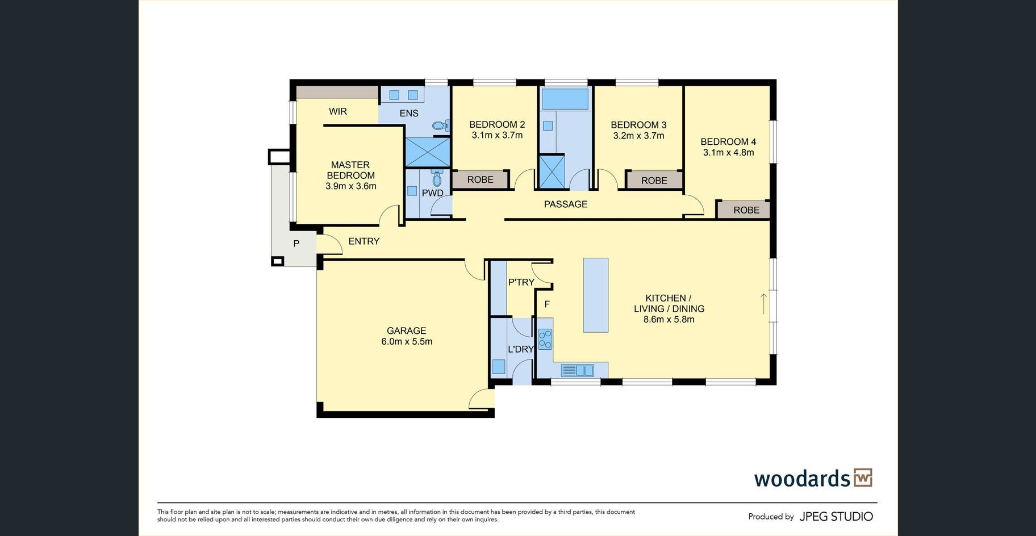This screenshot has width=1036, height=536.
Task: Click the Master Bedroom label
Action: [x=351, y=170]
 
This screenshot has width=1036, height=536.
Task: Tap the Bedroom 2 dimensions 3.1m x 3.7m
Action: [x=497, y=136]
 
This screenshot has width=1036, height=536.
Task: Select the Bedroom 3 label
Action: [x=638, y=125]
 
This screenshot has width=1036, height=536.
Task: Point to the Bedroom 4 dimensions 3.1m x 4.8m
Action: [x=729, y=153]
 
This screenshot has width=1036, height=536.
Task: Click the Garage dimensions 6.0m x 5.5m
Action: [x=407, y=342]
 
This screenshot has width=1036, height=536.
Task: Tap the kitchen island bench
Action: [x=596, y=295]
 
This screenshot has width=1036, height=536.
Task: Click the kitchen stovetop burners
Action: [x=545, y=339]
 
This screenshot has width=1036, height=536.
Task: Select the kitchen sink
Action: [x=577, y=371]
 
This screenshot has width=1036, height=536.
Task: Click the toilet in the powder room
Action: [x=436, y=178]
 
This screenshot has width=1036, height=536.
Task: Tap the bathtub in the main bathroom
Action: [x=565, y=99]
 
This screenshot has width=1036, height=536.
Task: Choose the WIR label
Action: [x=338, y=111]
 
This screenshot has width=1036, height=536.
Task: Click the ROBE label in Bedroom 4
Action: [x=746, y=210]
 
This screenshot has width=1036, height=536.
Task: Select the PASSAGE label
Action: [x=566, y=204]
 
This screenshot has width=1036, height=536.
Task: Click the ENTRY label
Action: [x=364, y=241]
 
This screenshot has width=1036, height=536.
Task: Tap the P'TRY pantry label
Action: [x=521, y=282]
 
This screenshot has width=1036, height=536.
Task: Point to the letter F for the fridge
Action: [x=547, y=304]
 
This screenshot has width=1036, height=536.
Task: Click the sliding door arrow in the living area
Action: [x=764, y=304]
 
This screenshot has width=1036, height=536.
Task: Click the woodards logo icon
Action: [x=863, y=478]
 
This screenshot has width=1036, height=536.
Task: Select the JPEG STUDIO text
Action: [x=836, y=517]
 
